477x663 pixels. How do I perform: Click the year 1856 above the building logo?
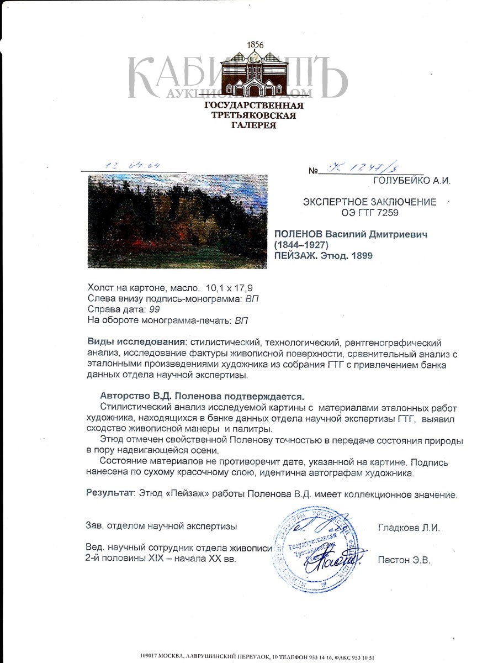256,44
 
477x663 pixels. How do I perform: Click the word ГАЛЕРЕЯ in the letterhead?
255,125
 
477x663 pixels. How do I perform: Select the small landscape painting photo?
177,221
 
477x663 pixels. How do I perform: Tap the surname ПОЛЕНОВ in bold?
303,234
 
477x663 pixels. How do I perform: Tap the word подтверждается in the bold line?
264,396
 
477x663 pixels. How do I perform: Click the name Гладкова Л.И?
409,528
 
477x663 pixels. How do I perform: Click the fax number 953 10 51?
363,657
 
